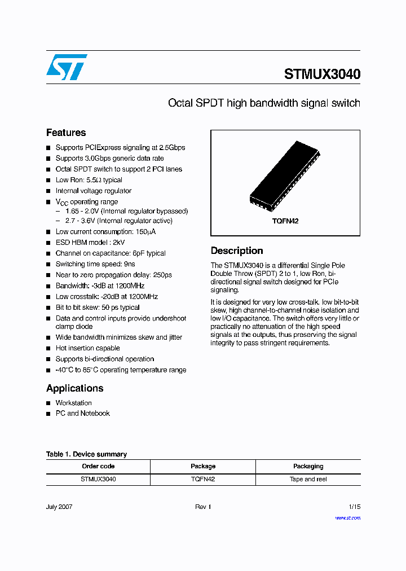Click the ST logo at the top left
67,67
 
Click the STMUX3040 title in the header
322,74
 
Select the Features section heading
66,133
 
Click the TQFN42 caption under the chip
285,221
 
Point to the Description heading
237,251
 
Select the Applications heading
74,388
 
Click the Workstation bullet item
73,403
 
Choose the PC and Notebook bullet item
82,414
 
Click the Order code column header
98,466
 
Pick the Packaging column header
308,466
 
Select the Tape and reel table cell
308,479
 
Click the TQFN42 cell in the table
203,479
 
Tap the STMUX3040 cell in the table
98,479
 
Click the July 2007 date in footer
59,507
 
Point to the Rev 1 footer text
203,507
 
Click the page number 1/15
354,507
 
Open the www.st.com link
347,518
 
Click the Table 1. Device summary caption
86,454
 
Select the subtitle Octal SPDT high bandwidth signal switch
264,103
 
